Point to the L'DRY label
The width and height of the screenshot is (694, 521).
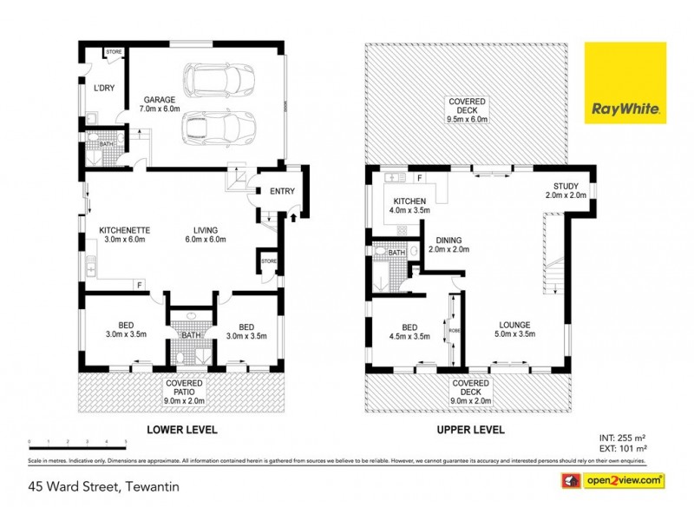pos(103,88)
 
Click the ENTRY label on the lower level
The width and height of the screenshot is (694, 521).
pos(282,192)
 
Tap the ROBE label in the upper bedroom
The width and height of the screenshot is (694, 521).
pos(453,331)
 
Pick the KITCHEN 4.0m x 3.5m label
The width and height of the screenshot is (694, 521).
pos(408,206)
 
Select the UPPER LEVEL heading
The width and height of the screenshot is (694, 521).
pos(468,430)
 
